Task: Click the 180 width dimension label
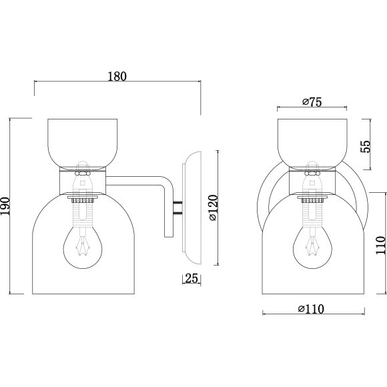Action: pyautogui.click(x=117, y=77)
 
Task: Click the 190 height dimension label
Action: pyautogui.click(x=5, y=206)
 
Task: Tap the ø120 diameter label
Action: pyautogui.click(x=213, y=208)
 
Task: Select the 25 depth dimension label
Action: pyautogui.click(x=191, y=278)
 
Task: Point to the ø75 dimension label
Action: pyautogui.click(x=312, y=102)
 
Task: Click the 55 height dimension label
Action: pyautogui.click(x=366, y=146)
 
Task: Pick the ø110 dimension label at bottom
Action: pyautogui.click(x=311, y=309)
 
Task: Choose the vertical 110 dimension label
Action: pyautogui.click(x=380, y=245)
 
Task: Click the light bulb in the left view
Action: pyautogui.click(x=83, y=247)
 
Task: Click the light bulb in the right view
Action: pyautogui.click(x=312, y=247)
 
